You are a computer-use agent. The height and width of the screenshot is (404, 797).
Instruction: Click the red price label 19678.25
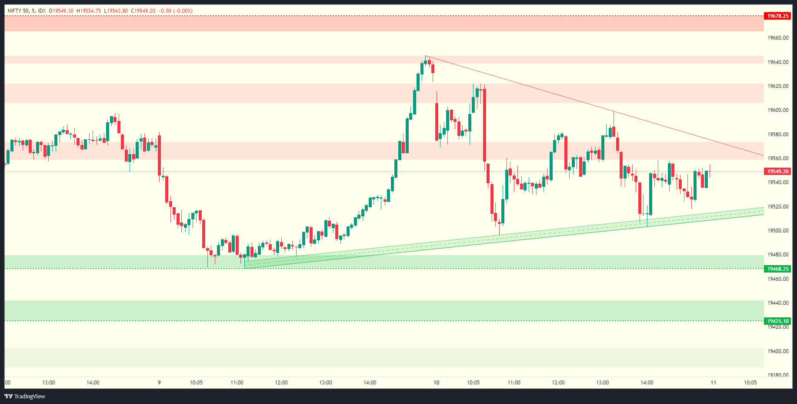click(777, 16)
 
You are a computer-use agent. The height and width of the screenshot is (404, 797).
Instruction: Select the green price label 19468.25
click(777, 269)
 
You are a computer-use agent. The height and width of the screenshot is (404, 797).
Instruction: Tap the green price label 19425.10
click(777, 321)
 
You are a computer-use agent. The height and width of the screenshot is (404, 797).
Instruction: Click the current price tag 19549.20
click(777, 172)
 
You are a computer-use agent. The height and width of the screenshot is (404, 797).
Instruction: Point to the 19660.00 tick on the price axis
click(778, 38)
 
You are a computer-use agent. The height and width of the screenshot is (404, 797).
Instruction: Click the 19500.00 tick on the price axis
click(778, 231)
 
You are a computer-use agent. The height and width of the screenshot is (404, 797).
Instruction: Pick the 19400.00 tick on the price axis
click(778, 351)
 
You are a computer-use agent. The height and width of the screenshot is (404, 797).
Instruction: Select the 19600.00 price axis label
click(778, 110)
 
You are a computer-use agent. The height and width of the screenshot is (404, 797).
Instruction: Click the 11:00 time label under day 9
click(237, 383)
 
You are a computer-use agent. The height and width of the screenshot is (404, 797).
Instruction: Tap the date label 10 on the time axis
click(437, 383)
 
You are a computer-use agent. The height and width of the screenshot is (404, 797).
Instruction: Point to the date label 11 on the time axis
click(714, 383)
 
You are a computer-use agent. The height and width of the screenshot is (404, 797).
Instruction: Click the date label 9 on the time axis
click(159, 383)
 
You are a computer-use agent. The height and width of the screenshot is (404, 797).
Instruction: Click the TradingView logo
click(25, 396)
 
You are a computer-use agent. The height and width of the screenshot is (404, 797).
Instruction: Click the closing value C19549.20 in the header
click(143, 11)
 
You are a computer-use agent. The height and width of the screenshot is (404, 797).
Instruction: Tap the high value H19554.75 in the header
click(89, 11)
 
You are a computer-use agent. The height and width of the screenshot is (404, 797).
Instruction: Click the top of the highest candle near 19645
click(426, 56)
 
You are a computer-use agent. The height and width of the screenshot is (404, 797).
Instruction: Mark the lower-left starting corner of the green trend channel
click(245, 268)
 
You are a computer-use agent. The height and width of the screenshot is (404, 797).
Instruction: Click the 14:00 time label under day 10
click(647, 383)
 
